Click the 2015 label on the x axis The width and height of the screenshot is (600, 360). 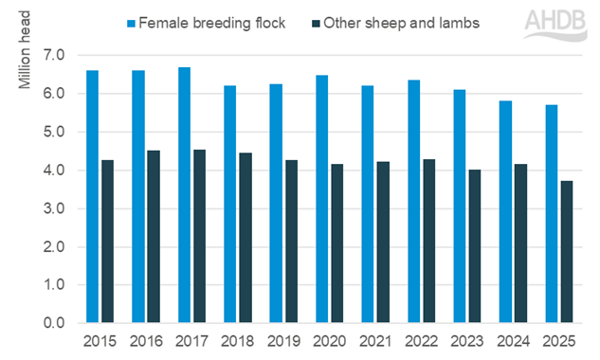(x=100, y=339)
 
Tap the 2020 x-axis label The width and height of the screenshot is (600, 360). (x=329, y=339)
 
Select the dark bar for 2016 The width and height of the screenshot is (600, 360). (x=154, y=237)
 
